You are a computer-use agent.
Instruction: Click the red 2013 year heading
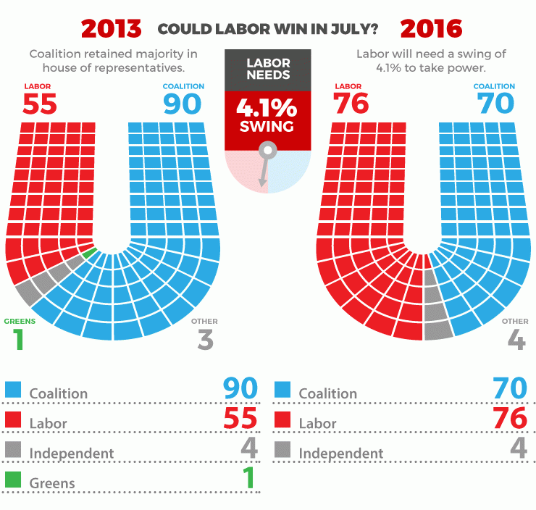tap(111, 28)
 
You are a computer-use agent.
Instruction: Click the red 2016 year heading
tap(431, 28)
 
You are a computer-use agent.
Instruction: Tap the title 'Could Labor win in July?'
tap(267, 29)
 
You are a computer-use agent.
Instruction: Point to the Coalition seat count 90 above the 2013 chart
tap(182, 104)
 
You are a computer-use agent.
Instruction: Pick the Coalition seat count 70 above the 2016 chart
tap(495, 104)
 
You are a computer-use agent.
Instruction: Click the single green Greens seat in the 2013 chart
tap(89, 254)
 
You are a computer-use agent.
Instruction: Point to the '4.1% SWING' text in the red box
tap(267, 116)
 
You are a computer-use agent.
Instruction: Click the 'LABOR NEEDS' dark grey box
tap(267, 70)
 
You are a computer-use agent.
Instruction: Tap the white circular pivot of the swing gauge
tap(267, 151)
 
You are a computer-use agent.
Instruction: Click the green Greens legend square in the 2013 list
tap(12, 480)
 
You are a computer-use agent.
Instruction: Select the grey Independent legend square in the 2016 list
tap(282, 450)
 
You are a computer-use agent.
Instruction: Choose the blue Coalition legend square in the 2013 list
tap(12, 390)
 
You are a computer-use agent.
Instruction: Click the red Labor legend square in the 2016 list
tap(282, 419)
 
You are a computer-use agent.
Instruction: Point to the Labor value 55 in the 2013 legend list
tap(240, 419)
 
